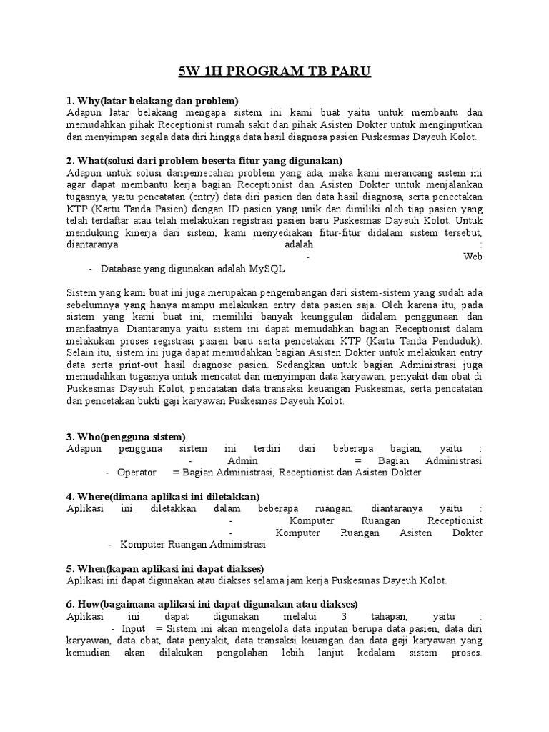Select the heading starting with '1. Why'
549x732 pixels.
152,100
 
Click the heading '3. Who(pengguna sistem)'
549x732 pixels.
126,436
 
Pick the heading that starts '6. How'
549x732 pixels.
212,604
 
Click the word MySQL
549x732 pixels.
267,269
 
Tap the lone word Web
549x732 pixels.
473,257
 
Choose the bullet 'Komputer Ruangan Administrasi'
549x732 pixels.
192,545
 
